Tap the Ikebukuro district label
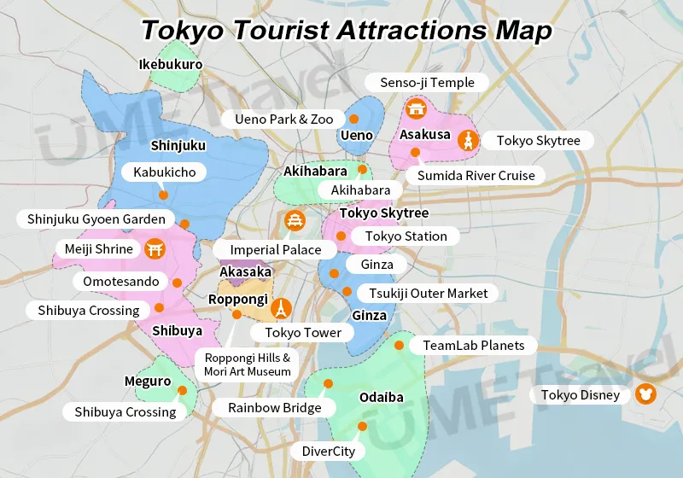(171, 64)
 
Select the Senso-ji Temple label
(426, 82)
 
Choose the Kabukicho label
(164, 172)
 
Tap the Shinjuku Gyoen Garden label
(96, 219)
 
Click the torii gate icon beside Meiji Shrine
(155, 249)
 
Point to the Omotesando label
(121, 282)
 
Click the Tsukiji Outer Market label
(428, 293)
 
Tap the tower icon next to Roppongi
(281, 307)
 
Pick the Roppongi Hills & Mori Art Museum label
(247, 364)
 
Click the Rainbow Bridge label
(274, 407)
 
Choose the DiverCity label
(328, 451)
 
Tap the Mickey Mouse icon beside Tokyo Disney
(645, 395)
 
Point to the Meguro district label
(148, 382)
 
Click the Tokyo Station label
(406, 236)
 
